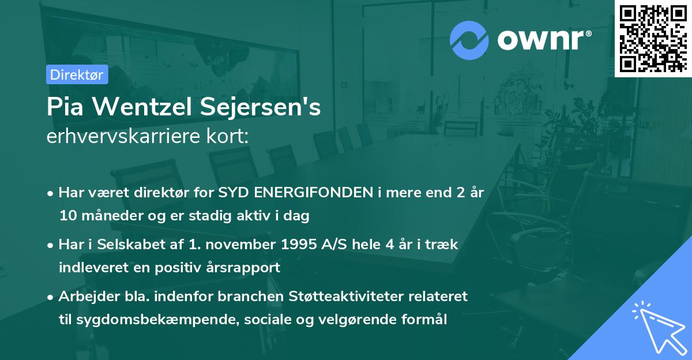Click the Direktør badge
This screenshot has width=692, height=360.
[77, 74]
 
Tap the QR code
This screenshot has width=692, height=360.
[653, 38]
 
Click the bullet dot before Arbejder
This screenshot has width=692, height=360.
[51, 297]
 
